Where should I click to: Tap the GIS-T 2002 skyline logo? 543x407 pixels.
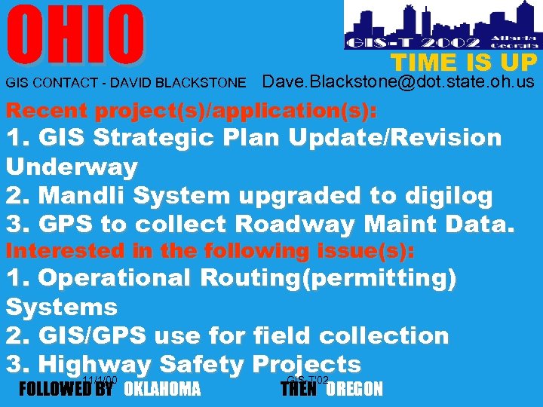pos(440,26)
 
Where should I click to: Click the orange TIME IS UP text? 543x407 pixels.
pos(463,63)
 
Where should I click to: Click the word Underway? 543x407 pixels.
pos(72,167)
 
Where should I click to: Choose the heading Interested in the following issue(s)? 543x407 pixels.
pos(210,250)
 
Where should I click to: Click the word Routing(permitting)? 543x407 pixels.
pos(328,277)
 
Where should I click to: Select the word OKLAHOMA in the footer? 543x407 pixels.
pos(162,390)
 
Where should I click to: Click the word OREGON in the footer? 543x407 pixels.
pos(354,390)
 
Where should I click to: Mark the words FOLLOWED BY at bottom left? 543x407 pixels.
pos(65,390)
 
